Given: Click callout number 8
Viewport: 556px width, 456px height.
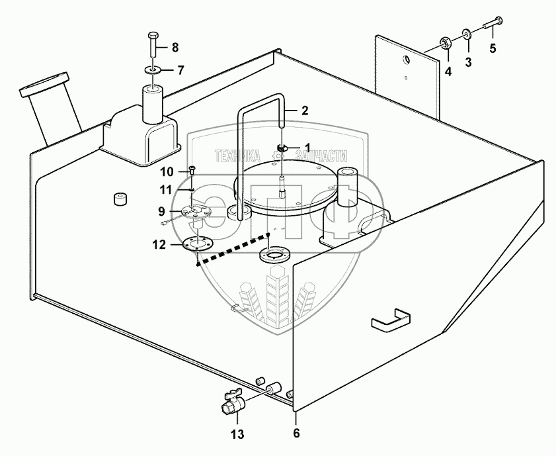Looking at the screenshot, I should point(175,47).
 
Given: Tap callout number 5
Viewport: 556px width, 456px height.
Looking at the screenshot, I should point(493,48).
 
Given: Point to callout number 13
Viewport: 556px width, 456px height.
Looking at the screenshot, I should point(237,434).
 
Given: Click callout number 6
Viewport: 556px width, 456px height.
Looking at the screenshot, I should point(296,434).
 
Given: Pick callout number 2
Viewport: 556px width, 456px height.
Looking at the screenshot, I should point(304,111).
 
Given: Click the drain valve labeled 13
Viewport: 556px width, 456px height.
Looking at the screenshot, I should point(233,402).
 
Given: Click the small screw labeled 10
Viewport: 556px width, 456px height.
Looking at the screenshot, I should point(192,170).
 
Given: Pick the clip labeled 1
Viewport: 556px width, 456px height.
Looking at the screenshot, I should point(282,148).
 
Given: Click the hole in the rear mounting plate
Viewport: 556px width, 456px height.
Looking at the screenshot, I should point(407,60).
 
